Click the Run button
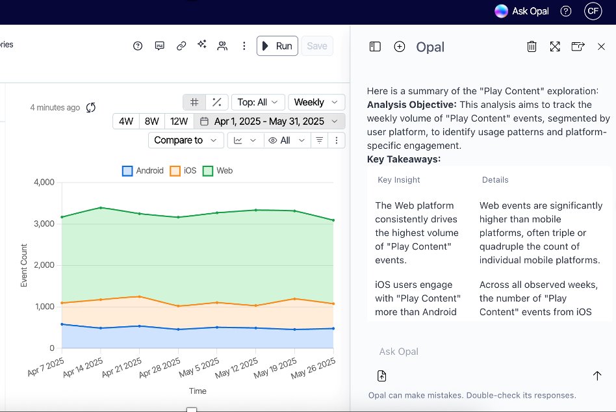pos(277,46)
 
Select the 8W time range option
pos(151,122)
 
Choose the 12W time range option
pos(179,122)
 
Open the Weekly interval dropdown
pos(316,102)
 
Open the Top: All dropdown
pos(258,102)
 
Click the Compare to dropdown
pos(185,140)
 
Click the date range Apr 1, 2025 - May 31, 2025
pos(269,122)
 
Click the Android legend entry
pos(143,171)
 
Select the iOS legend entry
pos(183,171)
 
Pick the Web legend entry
pos(218,171)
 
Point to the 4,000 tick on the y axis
pos(43,183)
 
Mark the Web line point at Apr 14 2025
pos(101,208)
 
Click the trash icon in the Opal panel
pos(532,46)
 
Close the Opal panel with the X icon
pos(601,46)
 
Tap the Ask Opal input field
pos(481,352)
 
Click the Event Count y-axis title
pos(24,266)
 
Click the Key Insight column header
pos(399,180)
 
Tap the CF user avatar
pos(593,11)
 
